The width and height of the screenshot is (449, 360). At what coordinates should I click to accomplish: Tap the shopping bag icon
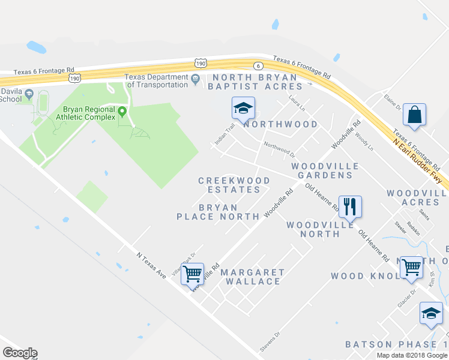415,115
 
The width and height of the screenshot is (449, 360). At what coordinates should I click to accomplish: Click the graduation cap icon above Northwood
243,109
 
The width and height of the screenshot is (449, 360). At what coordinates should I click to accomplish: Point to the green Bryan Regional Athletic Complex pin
122,111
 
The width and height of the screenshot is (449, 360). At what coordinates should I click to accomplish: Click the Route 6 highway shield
258,65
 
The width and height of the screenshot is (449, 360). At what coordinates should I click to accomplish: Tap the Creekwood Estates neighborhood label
234,185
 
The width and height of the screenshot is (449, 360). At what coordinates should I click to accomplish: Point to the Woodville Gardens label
322,170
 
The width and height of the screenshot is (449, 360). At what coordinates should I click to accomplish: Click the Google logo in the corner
20,353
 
